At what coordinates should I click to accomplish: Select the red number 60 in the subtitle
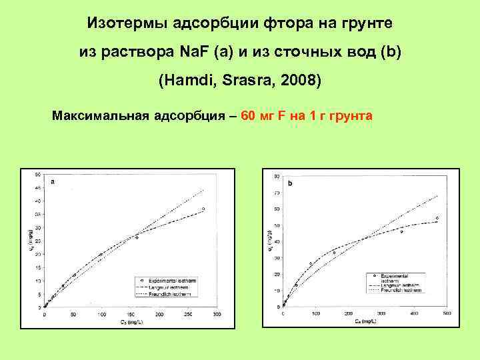(x=248, y=116)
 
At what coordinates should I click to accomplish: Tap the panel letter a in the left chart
(x=53, y=181)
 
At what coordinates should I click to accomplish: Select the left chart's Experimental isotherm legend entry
(x=158, y=280)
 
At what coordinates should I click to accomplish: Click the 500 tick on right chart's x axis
(x=446, y=313)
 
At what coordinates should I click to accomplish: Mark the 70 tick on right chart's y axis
(x=276, y=193)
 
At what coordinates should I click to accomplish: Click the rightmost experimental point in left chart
(x=203, y=209)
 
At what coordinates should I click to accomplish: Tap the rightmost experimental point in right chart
(x=437, y=218)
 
